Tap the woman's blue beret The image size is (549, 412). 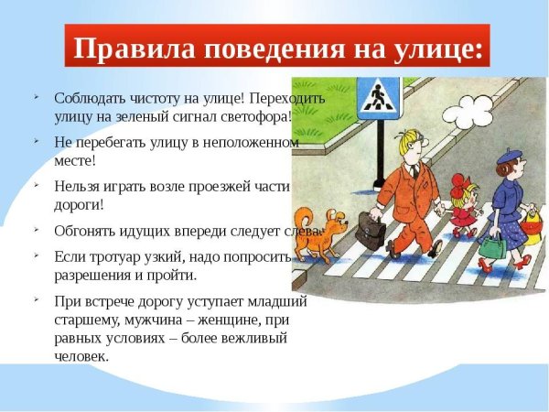tap(511, 157)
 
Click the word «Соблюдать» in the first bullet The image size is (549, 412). tap(88, 98)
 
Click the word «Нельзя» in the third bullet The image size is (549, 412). tap(75, 186)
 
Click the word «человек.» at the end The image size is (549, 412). tap(81, 355)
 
